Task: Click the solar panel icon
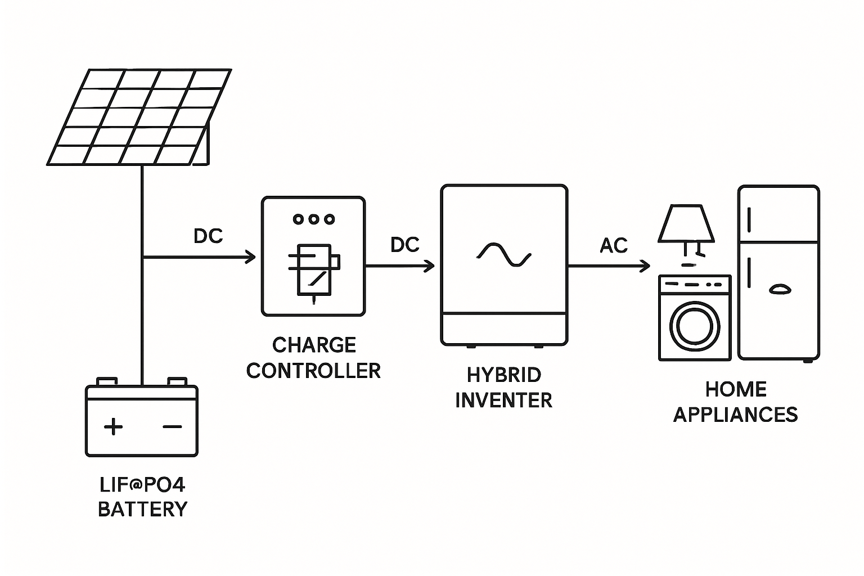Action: click(139, 117)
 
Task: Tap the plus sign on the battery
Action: click(114, 426)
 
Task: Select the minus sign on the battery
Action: click(172, 426)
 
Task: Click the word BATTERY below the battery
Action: click(142, 509)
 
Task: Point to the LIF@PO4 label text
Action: click(142, 485)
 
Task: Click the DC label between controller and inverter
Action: click(405, 245)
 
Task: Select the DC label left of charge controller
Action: click(208, 236)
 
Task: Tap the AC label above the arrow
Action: click(614, 246)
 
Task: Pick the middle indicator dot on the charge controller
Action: click(314, 219)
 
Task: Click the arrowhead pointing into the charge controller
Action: click(250, 258)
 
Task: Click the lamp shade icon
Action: click(686, 223)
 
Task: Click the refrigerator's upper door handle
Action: click(749, 219)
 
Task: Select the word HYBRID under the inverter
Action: click(504, 375)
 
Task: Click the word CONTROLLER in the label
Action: click(313, 371)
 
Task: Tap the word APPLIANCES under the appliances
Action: click(735, 415)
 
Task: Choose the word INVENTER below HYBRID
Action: click(504, 400)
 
